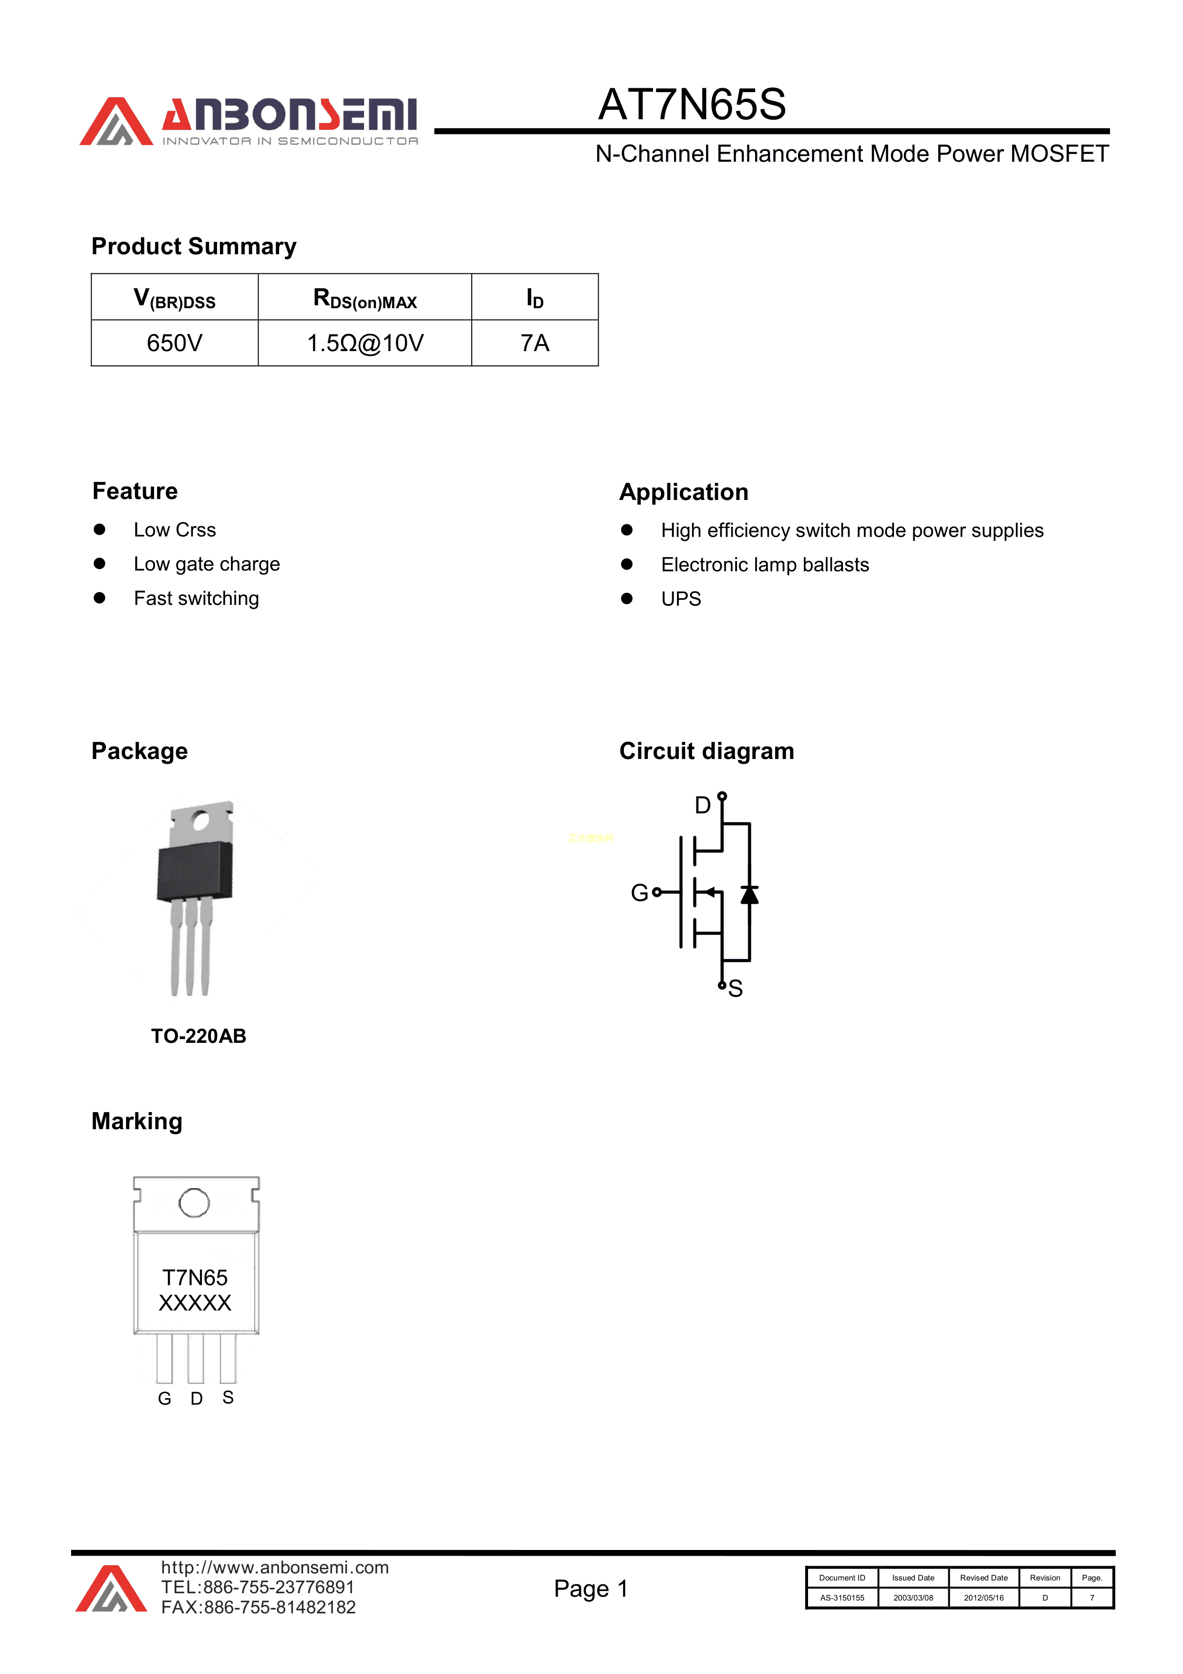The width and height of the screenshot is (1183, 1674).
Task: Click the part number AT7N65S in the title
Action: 691,104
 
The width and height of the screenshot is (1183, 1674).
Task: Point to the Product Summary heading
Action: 194,247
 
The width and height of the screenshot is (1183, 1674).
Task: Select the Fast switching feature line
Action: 196,599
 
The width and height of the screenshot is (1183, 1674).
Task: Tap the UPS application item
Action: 681,599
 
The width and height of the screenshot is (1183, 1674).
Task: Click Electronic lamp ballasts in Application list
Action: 765,565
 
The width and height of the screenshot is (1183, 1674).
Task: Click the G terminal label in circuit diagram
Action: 639,893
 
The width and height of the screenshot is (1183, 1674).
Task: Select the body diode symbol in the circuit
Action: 749,894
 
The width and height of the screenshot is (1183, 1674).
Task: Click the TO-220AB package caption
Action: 198,1036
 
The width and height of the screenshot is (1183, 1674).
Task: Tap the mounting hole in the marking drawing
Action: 194,1202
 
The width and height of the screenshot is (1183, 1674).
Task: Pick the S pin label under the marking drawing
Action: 228,1397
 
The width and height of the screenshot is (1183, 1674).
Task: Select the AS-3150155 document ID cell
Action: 842,1598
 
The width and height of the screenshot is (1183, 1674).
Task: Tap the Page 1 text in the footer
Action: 591,1589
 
